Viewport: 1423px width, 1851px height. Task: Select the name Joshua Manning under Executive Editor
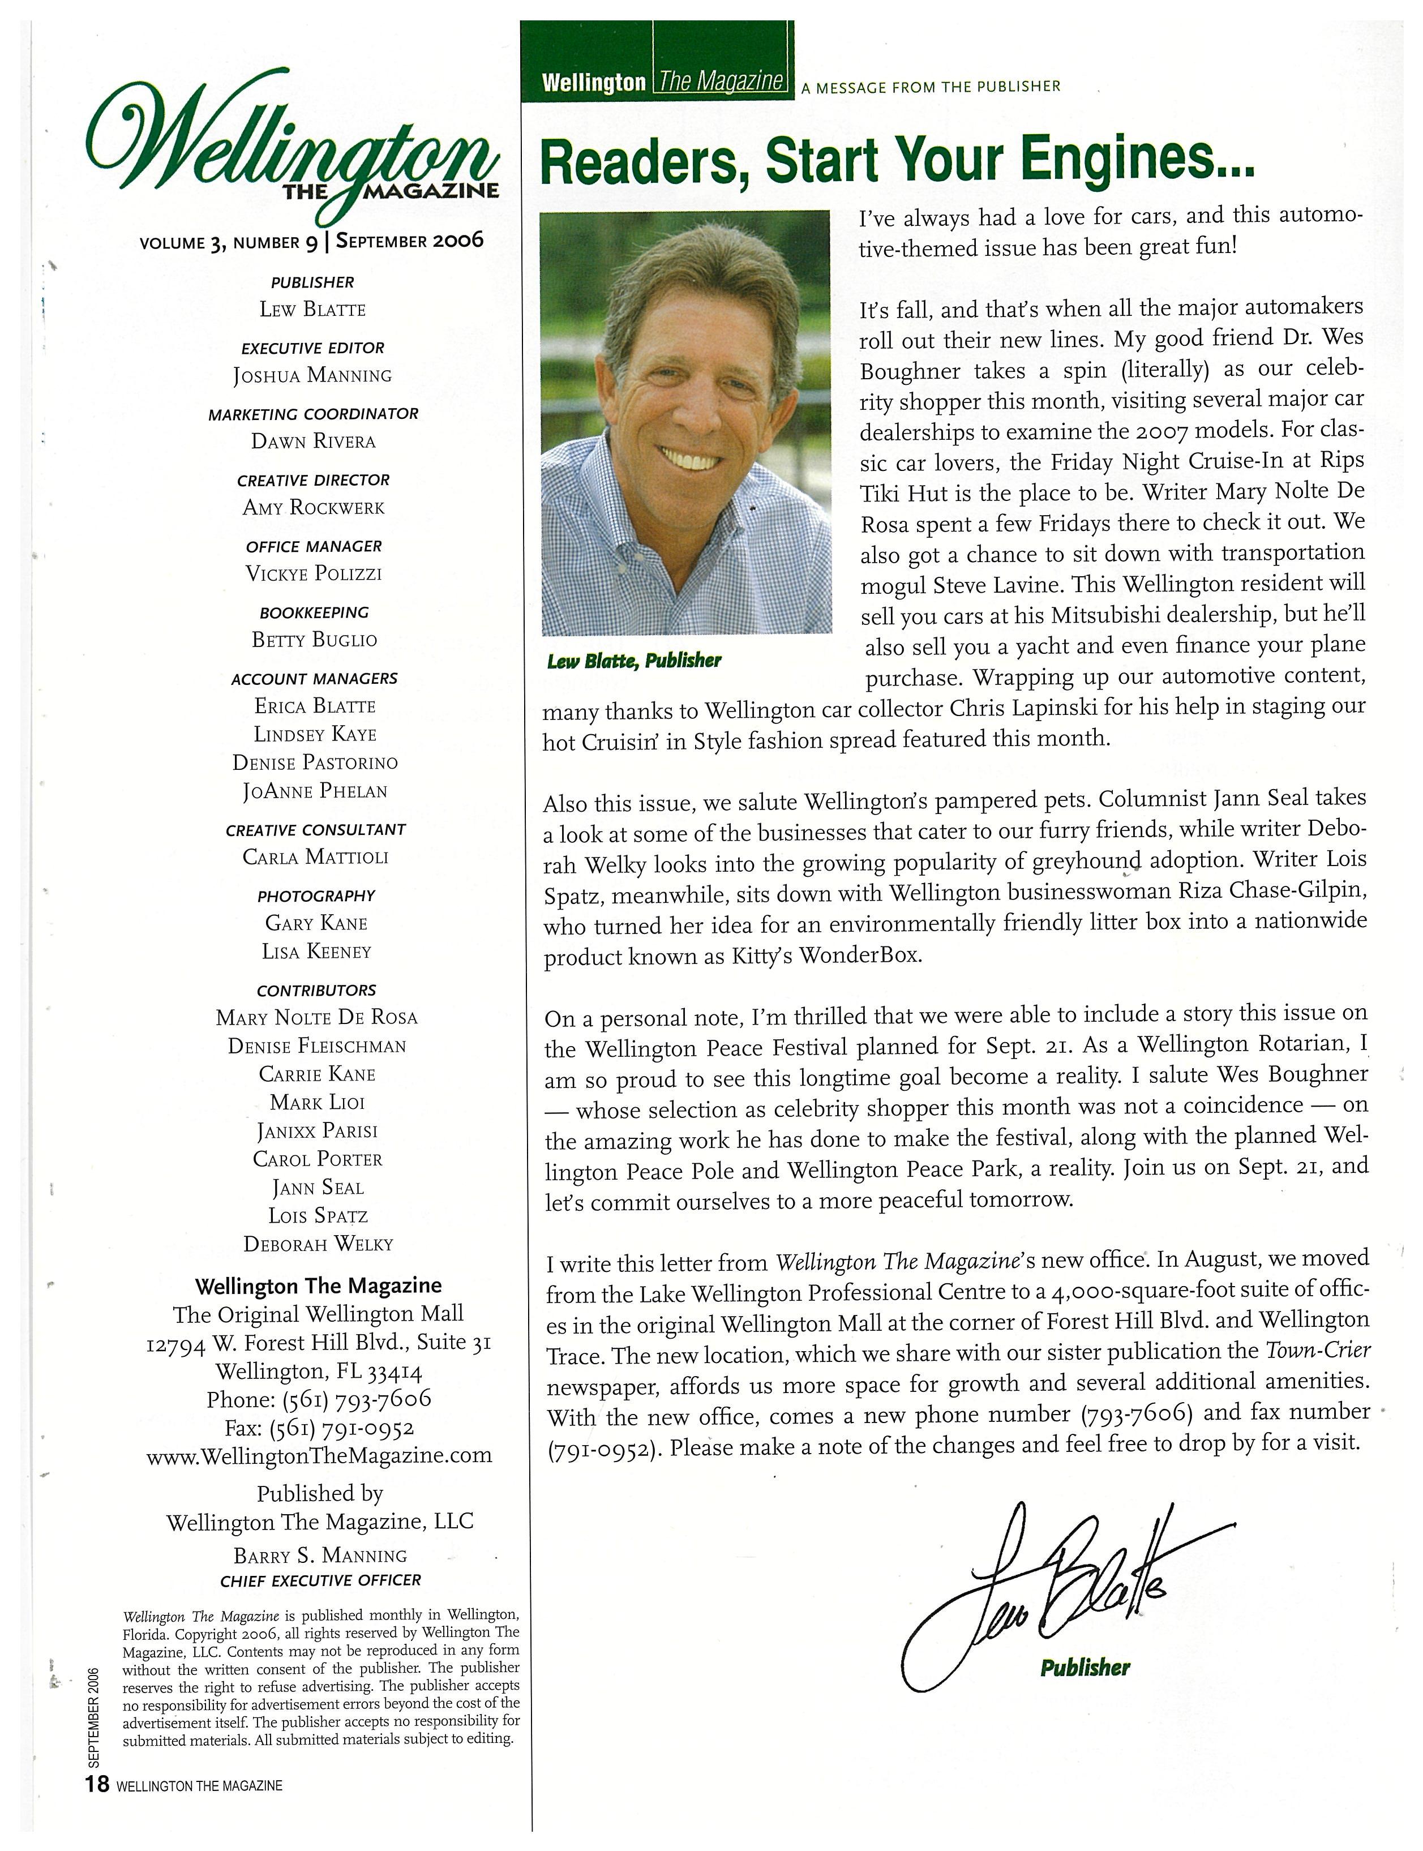tap(312, 375)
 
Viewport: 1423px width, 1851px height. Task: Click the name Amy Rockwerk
tap(314, 507)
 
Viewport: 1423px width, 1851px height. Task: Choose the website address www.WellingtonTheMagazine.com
tap(319, 1455)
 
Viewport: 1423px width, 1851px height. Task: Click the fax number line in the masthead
tap(319, 1428)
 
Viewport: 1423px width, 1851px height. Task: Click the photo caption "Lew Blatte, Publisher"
tap(633, 661)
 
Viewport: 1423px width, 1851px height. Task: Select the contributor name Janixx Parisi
tap(317, 1131)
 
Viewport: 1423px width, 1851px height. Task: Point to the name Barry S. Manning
tap(320, 1556)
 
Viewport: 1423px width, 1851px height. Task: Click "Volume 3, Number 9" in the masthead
tap(229, 242)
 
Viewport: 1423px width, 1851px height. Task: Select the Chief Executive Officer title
tap(320, 1581)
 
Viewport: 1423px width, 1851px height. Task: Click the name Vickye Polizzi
tap(314, 573)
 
